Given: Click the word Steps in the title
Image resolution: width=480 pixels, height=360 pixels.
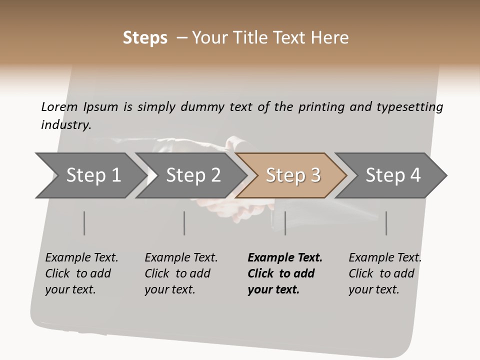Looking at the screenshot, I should point(145,38).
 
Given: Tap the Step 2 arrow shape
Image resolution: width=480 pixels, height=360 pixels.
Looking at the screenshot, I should point(193,175).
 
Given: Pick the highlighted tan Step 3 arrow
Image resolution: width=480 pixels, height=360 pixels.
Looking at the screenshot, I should point(293,175).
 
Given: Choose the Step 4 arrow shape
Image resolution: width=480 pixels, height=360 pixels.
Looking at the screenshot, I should point(393,175).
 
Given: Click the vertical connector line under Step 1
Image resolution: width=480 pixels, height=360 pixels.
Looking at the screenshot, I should point(84,223).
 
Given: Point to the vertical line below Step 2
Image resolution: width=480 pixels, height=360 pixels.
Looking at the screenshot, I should point(184,223).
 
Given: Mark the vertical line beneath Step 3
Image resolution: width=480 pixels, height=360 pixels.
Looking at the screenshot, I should point(285,223).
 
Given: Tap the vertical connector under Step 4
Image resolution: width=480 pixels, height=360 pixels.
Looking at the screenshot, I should point(386,223).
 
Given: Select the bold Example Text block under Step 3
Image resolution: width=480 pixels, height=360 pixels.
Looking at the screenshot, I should point(285,273).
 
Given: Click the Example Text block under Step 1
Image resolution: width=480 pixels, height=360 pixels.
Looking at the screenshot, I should point(81,273).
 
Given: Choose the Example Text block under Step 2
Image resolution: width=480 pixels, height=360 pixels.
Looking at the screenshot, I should point(181,273).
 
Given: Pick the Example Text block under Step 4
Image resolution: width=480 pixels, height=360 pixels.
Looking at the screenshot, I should point(384,273).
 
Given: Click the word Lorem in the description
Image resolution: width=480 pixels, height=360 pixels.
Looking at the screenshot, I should point(59,107).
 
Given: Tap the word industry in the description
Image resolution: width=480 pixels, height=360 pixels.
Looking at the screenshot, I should point(66,125).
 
